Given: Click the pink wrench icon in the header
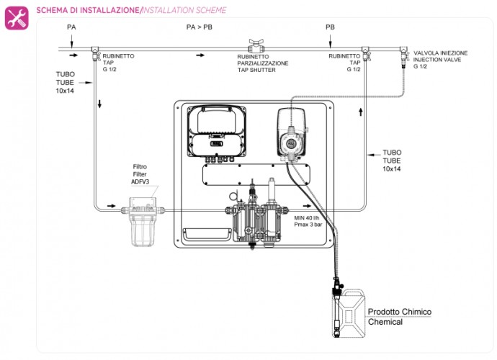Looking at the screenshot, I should click(17, 17).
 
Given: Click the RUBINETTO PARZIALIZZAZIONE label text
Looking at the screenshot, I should click(263, 63).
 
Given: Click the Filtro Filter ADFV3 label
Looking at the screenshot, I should click(140, 174).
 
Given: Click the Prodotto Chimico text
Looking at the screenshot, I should click(400, 312).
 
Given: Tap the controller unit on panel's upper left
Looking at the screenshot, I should click(218, 130).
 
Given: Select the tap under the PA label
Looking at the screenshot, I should click(95, 53).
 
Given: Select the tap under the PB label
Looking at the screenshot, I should click(365, 53).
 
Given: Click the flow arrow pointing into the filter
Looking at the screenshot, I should click(110, 206).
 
